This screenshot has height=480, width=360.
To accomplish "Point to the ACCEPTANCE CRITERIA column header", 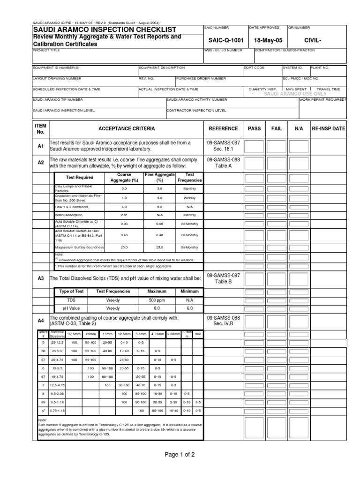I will coord(127,128).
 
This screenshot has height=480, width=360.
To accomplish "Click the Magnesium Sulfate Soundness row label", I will coord(79,247).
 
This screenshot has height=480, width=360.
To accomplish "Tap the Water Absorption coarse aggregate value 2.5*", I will coord(124,215).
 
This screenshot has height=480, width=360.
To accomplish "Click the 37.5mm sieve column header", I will coord(74,334).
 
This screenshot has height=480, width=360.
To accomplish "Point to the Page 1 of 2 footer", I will coord(180,454).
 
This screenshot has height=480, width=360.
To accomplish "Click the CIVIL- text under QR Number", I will coord(316,40).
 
